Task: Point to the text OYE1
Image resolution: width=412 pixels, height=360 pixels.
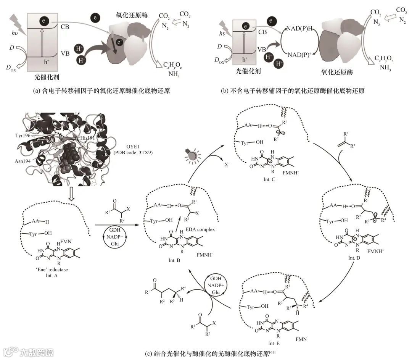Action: tap(127, 147)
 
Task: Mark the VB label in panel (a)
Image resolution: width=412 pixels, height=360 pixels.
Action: tap(65, 54)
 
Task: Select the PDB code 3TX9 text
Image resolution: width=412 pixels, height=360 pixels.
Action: tap(127, 153)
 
